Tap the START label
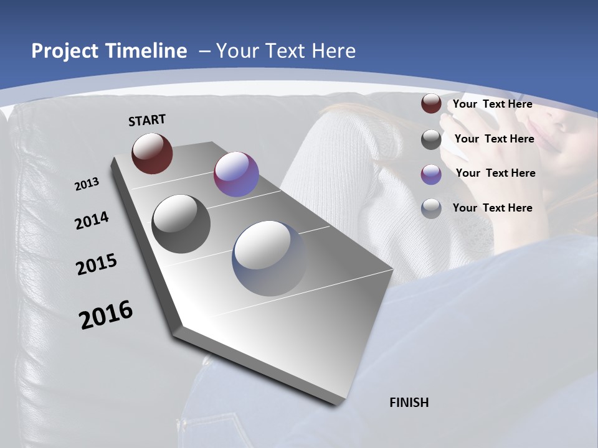(147, 120)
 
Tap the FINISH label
(409, 403)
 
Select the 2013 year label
(87, 184)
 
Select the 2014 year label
(92, 221)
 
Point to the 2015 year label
(97, 264)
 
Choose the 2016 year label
(106, 314)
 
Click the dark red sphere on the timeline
(152, 153)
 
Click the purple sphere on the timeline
(236, 174)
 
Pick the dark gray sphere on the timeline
(181, 224)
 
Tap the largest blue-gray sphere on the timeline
(270, 258)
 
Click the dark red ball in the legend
(431, 104)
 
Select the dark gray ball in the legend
(431, 139)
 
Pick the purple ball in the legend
(431, 174)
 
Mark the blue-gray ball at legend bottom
(431, 208)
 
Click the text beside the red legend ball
(492, 105)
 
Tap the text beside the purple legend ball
(495, 173)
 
